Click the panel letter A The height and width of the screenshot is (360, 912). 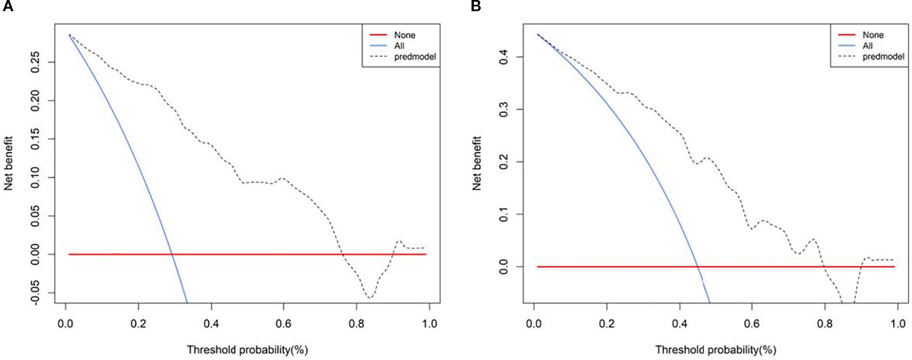[7, 6]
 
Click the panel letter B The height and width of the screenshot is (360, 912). [476, 6]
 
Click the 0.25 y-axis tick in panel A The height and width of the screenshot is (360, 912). [35, 62]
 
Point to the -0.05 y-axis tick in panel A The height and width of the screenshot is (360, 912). [35, 293]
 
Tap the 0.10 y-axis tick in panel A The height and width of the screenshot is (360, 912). [35, 177]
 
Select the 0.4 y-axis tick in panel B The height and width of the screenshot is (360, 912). [504, 57]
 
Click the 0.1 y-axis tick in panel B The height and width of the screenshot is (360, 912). [504, 215]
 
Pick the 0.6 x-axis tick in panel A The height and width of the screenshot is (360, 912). [284, 324]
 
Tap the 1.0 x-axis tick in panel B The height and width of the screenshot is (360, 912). [898, 324]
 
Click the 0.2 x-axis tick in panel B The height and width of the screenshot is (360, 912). [606, 324]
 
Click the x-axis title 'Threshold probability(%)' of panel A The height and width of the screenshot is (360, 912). [247, 350]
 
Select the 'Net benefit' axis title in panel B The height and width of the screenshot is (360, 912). [476, 163]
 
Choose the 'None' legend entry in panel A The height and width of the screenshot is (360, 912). [405, 35]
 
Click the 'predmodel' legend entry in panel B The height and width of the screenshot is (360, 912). [883, 56]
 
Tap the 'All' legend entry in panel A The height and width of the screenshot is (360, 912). [399, 46]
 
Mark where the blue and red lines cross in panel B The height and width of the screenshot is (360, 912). [697, 266]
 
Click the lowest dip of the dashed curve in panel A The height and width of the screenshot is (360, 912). [369, 297]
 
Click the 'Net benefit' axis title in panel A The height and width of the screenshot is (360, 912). [9, 163]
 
